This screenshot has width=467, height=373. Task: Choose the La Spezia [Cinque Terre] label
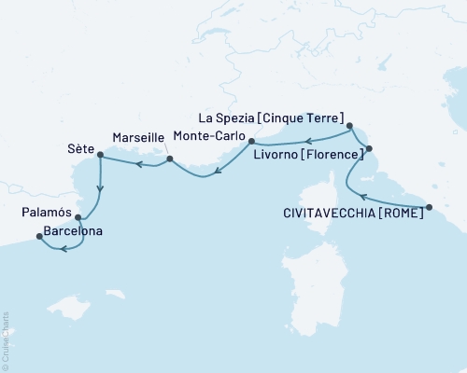pyautogui.click(x=272, y=117)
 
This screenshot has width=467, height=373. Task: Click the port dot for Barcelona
pyautogui.click(x=39, y=237)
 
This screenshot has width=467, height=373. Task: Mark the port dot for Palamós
pyautogui.click(x=78, y=218)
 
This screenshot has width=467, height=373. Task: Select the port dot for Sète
pyautogui.click(x=100, y=156)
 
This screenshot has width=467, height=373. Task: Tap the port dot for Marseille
pyautogui.click(x=169, y=159)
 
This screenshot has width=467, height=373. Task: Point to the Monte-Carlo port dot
pyautogui.click(x=250, y=144)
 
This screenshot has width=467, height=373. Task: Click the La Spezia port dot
pyautogui.click(x=349, y=126)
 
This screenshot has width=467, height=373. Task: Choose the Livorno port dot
pyautogui.click(x=368, y=148)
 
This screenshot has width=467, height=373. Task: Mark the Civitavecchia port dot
pyautogui.click(x=429, y=207)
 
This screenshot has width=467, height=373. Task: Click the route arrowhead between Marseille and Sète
pyautogui.click(x=137, y=166)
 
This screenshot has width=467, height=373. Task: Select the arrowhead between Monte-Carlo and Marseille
pyautogui.click(x=218, y=172)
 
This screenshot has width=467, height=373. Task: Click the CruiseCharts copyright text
pyautogui.click(x=6, y=340)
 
